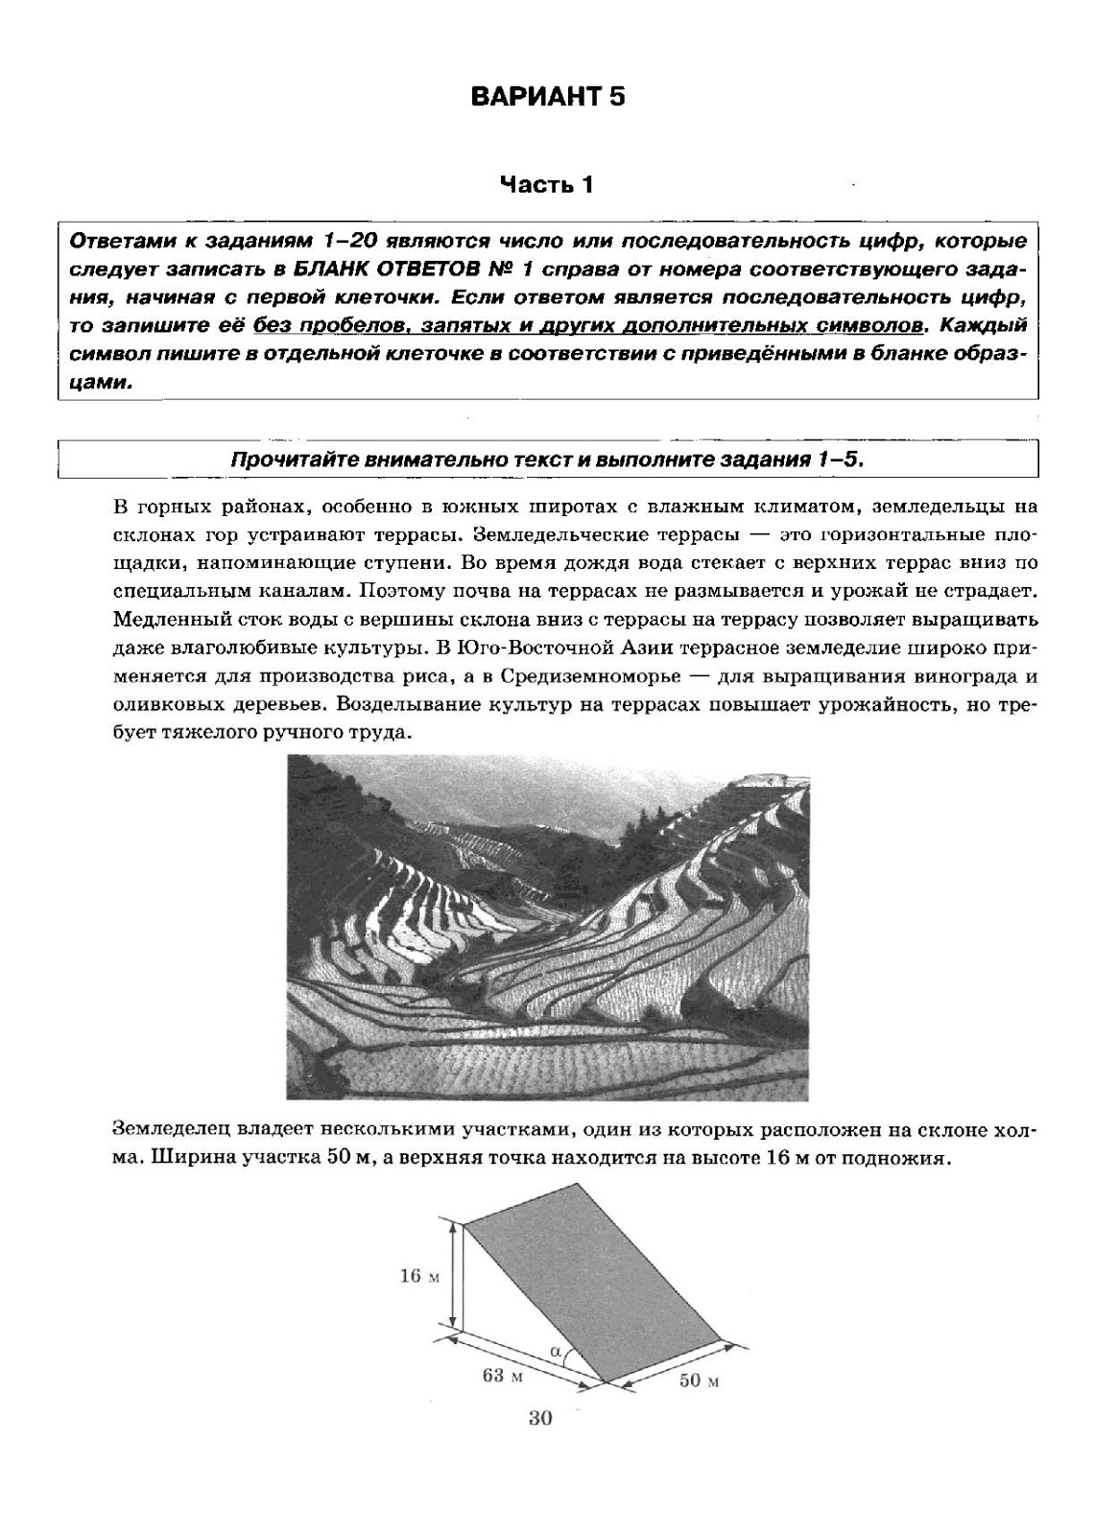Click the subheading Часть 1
546,184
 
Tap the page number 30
540,1418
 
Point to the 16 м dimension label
418,1276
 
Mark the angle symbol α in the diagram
557,1350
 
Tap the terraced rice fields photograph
547,927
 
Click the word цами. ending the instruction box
102,382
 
